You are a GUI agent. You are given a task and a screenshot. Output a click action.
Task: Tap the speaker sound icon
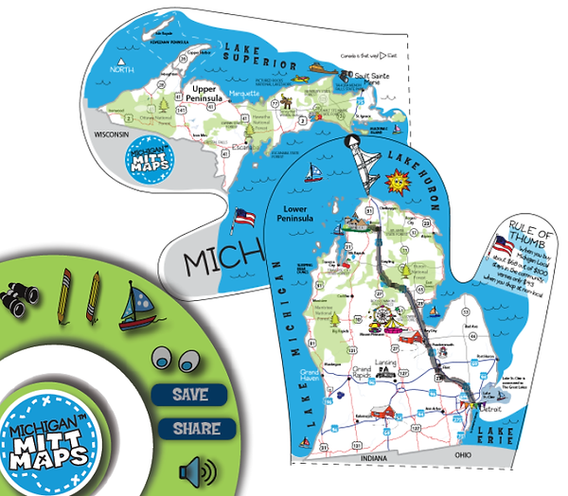coord(194,469)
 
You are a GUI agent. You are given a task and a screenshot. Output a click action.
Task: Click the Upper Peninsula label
coord(202,94)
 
